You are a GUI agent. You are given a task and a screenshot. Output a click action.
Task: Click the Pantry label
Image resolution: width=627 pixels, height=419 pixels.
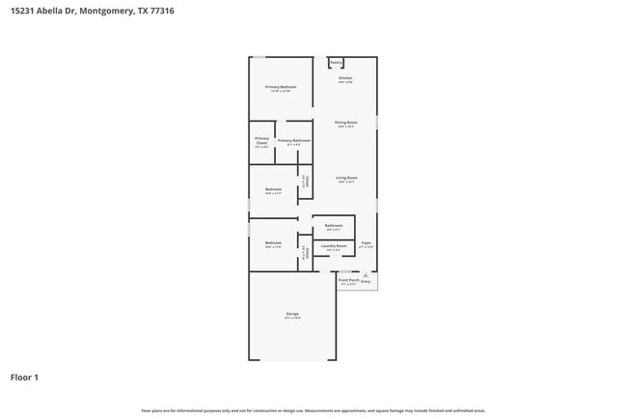click(x=336, y=63)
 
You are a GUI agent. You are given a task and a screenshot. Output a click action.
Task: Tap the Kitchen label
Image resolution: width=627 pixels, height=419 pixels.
click(x=345, y=78)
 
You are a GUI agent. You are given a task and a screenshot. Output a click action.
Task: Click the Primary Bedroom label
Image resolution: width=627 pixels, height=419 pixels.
click(x=281, y=87)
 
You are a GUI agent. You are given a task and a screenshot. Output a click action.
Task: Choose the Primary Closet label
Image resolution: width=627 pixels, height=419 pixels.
click(x=261, y=141)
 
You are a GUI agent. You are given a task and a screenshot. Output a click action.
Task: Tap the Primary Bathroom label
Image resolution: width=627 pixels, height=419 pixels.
click(x=293, y=141)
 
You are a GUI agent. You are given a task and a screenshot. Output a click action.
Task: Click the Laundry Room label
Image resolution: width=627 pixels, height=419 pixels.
click(x=335, y=246)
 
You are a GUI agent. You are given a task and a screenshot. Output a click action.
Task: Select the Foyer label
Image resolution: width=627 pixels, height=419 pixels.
click(x=366, y=243)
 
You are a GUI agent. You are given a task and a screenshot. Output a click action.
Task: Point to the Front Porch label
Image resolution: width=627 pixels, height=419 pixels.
click(x=349, y=280)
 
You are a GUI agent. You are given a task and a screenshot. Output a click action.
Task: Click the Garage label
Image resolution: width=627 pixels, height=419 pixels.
click(x=292, y=314)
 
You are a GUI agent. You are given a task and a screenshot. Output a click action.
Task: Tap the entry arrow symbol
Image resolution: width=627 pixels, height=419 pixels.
click(x=366, y=275)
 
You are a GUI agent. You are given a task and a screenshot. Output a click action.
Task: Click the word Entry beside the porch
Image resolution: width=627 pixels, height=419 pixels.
click(x=366, y=282)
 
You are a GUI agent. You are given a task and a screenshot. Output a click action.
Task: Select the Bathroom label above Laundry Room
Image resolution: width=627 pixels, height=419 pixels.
click(x=334, y=225)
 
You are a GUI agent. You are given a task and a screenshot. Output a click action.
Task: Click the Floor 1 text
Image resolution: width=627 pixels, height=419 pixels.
click(x=24, y=377)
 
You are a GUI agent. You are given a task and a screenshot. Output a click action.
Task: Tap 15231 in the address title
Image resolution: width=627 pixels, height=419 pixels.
click(x=22, y=11)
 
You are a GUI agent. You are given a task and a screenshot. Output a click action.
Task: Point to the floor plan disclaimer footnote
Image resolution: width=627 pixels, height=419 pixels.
click(x=313, y=411)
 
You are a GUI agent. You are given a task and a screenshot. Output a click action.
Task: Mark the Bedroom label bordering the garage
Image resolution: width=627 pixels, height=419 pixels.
click(x=273, y=243)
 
